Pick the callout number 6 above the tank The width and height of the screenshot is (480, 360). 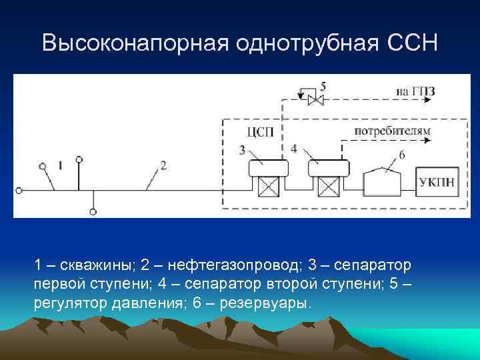click(401, 155)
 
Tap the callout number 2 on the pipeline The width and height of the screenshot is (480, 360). click(163, 164)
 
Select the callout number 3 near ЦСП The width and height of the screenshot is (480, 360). click(242, 150)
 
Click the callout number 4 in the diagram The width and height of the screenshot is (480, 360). click(294, 148)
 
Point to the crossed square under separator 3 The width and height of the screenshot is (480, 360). click(268, 187)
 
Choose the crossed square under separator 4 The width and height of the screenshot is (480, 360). click(328, 187)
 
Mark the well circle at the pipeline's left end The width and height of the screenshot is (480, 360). click(19, 191)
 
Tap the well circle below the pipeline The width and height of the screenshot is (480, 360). click(93, 212)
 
